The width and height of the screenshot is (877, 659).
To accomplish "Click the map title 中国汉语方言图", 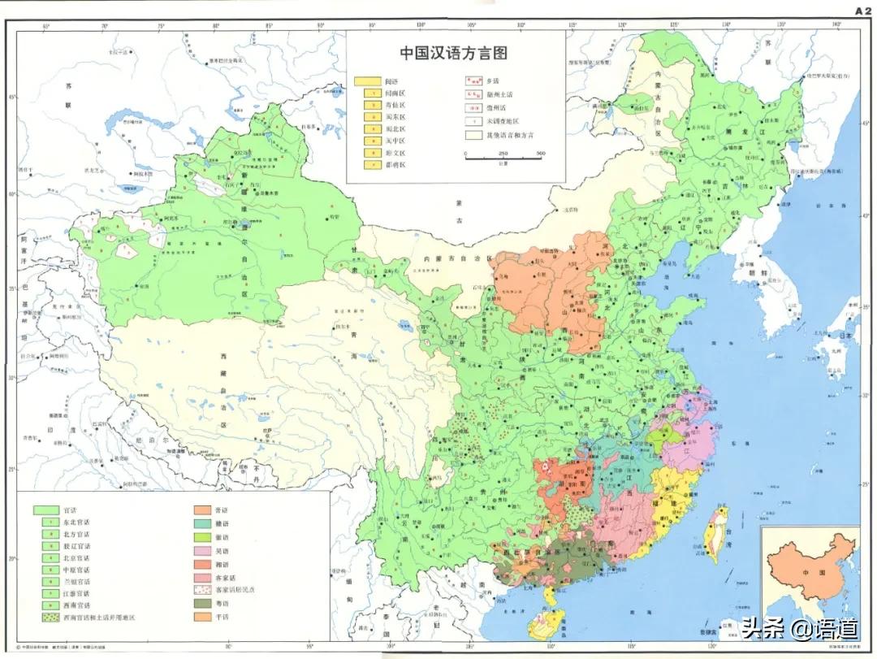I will [x=453, y=54].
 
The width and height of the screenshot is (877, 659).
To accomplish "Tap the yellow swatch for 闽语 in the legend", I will [x=368, y=81].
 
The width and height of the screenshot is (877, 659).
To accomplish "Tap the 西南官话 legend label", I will [x=78, y=605].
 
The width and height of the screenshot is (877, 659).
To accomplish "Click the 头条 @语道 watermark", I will [x=786, y=627].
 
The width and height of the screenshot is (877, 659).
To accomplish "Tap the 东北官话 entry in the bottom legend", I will [x=79, y=522].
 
